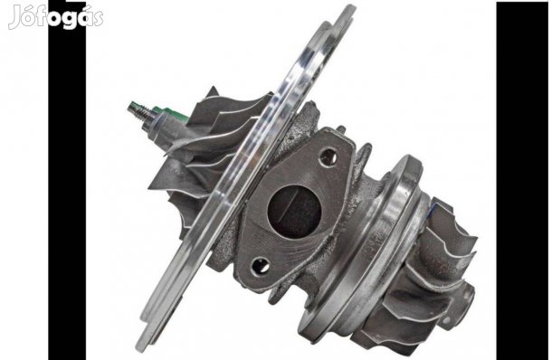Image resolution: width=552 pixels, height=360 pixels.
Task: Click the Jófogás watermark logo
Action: pyautogui.click(x=55, y=16)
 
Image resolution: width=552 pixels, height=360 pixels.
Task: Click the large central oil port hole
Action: pyautogui.click(x=294, y=212)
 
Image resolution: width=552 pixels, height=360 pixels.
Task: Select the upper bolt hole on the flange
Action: pyautogui.click(x=328, y=157)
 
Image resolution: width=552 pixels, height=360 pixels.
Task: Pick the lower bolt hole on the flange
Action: pyautogui.click(x=261, y=266)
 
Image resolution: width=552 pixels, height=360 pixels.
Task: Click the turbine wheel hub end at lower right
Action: pyautogui.click(x=462, y=305)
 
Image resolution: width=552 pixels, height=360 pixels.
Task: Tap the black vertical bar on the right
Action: pyautogui.click(x=522, y=180)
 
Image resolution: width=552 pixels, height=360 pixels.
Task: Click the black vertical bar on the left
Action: pyautogui.click(x=67, y=180)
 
